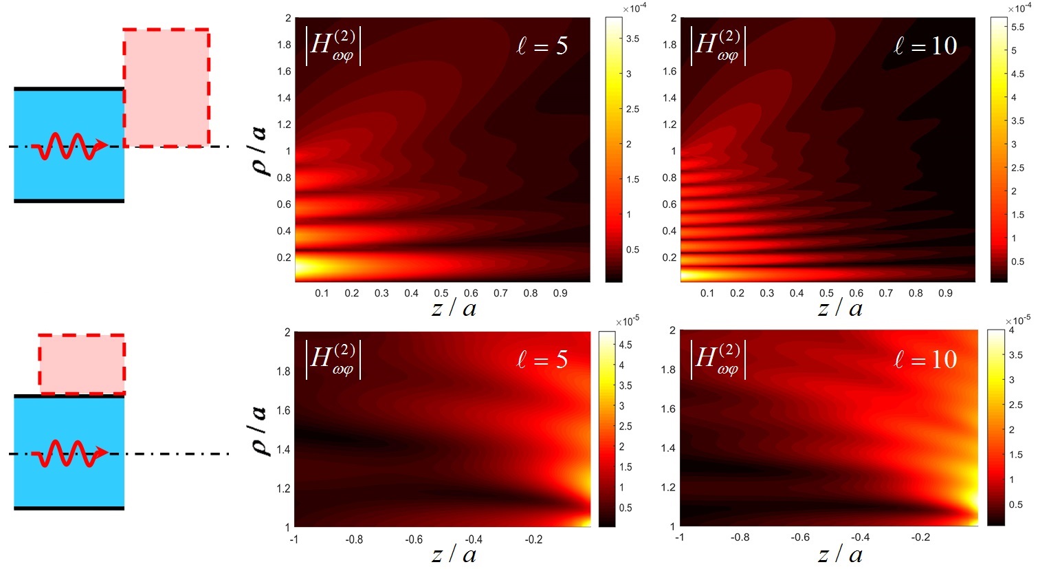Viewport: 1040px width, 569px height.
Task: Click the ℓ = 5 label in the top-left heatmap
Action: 542,46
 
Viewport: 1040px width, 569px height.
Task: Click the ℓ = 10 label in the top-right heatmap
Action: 925,46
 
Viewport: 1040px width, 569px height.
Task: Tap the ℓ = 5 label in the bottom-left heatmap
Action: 542,359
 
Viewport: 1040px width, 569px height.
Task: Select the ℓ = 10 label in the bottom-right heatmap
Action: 925,359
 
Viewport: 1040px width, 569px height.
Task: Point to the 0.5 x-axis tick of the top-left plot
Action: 441,293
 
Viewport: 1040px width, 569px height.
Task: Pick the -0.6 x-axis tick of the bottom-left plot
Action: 414,539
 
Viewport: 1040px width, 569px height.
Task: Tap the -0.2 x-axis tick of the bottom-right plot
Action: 920,537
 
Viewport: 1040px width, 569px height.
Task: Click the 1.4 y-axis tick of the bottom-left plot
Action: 283,449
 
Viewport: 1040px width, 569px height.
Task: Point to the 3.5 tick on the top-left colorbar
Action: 632,39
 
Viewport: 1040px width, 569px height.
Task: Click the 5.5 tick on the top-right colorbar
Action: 1017,28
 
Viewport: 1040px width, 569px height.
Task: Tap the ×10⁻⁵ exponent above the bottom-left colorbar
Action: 627,321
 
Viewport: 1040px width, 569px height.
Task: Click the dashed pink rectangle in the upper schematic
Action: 166,87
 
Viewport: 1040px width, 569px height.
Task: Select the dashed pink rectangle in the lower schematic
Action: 82,365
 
